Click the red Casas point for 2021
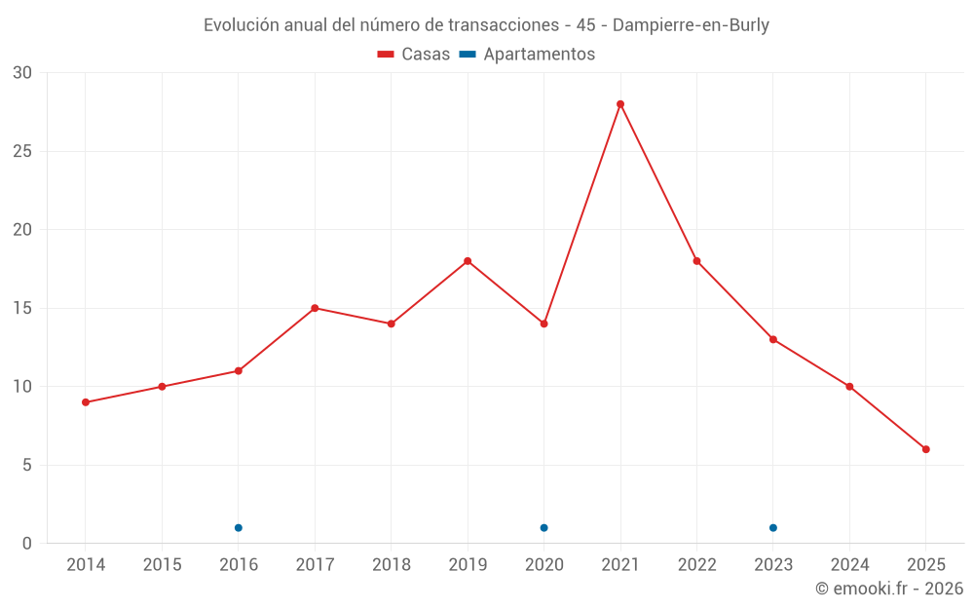point(620,104)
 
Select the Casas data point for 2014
point(86,402)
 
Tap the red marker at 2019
point(468,261)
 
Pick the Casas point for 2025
point(926,449)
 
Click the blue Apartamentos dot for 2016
point(239,528)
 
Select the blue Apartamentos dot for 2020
point(543,528)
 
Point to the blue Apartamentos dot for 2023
point(773,528)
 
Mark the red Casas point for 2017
point(315,308)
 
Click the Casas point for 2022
point(696,261)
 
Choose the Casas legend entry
point(414,55)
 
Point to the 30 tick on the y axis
point(22,73)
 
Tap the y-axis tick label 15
point(22,308)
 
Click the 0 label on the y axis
point(27,544)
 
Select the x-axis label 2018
point(391,565)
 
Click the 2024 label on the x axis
point(849,565)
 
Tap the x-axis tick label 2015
point(162,565)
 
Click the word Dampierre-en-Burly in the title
point(691,25)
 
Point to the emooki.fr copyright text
point(889,589)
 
